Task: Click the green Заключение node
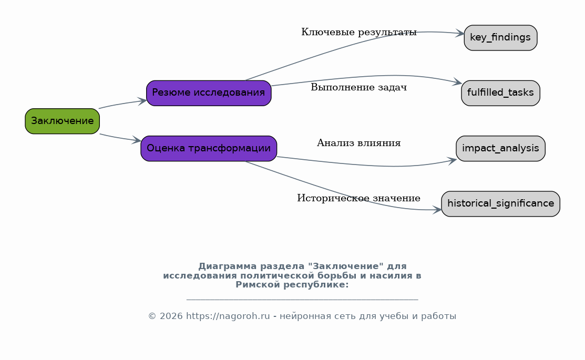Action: pyautogui.click(x=63, y=121)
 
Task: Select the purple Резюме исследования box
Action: pyautogui.click(x=209, y=93)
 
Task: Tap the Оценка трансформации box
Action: pyautogui.click(x=209, y=149)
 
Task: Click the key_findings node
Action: pyautogui.click(x=500, y=38)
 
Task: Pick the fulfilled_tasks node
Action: pyautogui.click(x=500, y=93)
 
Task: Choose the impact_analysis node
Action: pyautogui.click(x=500, y=149)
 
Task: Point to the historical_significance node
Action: pyautogui.click(x=500, y=204)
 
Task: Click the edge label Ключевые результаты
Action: pyautogui.click(x=359, y=32)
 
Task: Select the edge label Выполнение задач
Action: pyautogui.click(x=359, y=87)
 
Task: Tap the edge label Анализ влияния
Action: pyautogui.click(x=359, y=143)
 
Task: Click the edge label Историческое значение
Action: pyautogui.click(x=359, y=198)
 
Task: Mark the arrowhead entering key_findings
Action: pyautogui.click(x=460, y=34)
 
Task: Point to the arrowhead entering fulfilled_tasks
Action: pyautogui.click(x=457, y=81)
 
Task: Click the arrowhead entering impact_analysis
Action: pyautogui.click(x=452, y=161)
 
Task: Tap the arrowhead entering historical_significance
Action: pyautogui.click(x=437, y=210)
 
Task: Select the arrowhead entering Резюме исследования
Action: pyautogui.click(x=142, y=101)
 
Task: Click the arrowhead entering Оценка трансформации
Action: pyautogui.click(x=137, y=140)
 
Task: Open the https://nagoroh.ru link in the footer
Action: pyautogui.click(x=228, y=316)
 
